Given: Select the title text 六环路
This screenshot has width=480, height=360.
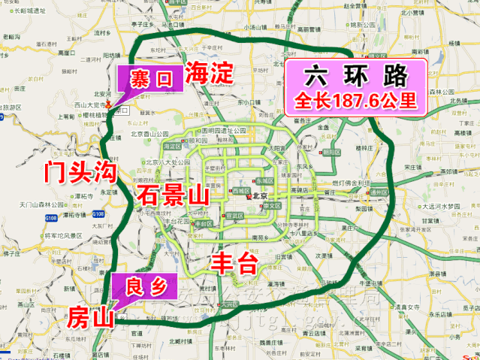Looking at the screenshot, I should [x=355, y=75].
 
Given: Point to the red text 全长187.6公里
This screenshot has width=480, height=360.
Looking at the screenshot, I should [x=355, y=100].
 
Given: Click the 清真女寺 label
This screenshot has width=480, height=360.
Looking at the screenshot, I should [x=420, y=307].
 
